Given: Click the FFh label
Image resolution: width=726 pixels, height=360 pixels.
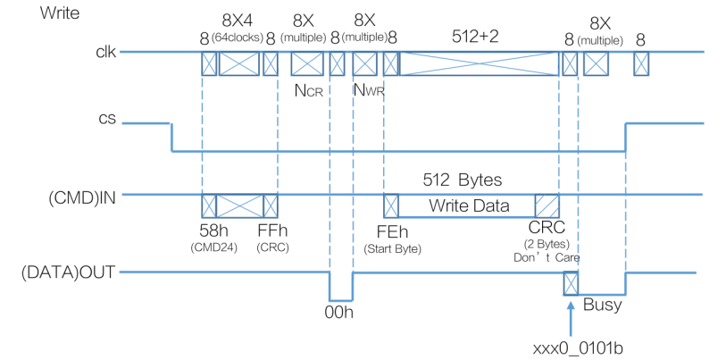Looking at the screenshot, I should point(271,230).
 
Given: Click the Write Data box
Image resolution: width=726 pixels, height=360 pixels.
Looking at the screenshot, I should point(469,206).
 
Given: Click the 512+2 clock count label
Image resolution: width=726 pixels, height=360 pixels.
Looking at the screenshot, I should point(480,35).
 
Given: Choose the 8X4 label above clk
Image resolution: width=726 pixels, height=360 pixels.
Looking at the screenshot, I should point(238,21).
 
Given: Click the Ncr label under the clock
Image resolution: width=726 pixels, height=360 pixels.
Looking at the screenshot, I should point(307,89).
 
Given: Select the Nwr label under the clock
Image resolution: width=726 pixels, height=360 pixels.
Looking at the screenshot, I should point(368,89).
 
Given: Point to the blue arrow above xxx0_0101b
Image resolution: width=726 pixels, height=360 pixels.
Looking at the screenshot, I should point(570,314).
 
